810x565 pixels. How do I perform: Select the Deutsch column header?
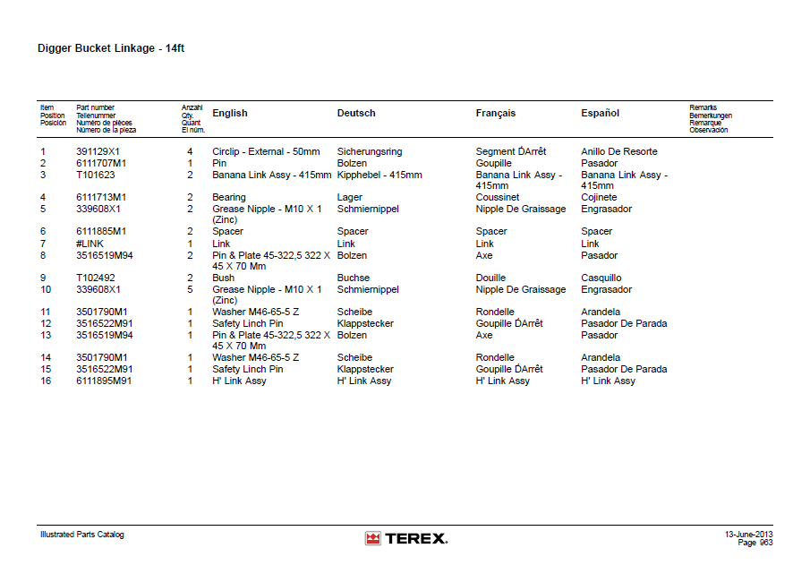(356, 114)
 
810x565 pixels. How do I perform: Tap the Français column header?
(495, 114)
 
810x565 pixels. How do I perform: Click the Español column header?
(600, 114)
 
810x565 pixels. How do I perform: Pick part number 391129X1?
(98, 152)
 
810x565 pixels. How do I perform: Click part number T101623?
(95, 175)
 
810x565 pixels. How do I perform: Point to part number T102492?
(95, 278)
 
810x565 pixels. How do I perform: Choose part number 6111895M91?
(103, 381)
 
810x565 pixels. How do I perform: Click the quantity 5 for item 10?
(190, 290)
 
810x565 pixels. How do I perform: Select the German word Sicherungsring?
(369, 152)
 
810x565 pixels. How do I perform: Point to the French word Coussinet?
(497, 198)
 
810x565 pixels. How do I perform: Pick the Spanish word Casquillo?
(601, 278)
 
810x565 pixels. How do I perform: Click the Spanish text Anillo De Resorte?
(618, 152)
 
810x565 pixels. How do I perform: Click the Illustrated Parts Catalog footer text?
(82, 535)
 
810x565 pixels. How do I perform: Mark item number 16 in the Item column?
(46, 381)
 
